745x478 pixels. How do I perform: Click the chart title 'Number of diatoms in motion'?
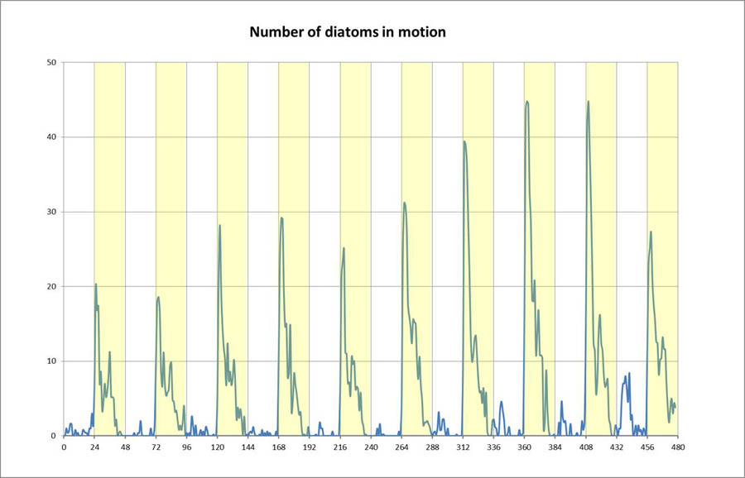[x=348, y=33]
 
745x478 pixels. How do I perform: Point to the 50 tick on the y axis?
[x=51, y=62]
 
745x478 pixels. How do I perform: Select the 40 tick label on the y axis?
[x=51, y=136]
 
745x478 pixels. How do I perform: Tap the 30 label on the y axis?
[x=51, y=212]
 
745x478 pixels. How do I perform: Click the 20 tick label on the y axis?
[x=51, y=286]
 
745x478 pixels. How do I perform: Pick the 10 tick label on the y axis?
[x=51, y=361]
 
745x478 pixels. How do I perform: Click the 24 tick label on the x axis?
[x=94, y=447]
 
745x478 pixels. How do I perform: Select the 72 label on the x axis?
[x=156, y=447]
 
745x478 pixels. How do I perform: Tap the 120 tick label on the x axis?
[x=217, y=447]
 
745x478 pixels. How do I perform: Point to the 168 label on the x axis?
[x=278, y=447]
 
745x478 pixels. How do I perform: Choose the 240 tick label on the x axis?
[x=371, y=447]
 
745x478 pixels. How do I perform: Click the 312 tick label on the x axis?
[x=463, y=447]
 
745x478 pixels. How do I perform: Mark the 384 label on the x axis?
[x=555, y=447]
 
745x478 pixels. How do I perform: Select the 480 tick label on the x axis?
[x=677, y=447]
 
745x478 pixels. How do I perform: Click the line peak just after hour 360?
[x=526, y=102]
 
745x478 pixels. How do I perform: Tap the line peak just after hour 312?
[x=464, y=141]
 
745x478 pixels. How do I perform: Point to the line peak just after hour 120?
[x=219, y=225]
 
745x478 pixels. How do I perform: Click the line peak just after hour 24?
[x=96, y=284]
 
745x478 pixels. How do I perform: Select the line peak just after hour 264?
[x=404, y=203]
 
